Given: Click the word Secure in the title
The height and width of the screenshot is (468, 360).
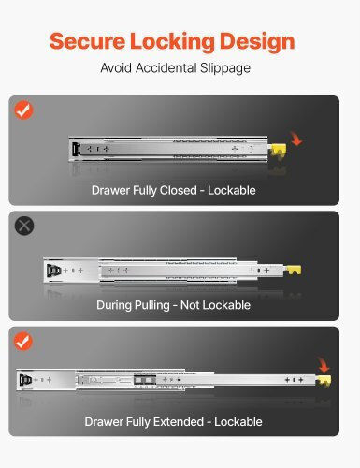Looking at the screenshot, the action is click(87, 41).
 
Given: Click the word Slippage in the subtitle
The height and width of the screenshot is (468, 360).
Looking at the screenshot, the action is click(225, 68).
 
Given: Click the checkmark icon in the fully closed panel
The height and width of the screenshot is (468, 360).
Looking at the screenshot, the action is click(24, 110).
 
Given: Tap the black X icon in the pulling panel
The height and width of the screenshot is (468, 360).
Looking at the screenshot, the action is click(24, 226).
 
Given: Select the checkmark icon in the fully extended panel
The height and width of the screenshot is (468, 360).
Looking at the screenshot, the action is click(23, 342).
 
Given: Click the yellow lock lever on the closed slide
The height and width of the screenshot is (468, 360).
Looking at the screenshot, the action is click(279, 151).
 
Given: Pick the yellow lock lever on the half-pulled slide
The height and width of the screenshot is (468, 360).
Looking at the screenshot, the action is click(294, 270).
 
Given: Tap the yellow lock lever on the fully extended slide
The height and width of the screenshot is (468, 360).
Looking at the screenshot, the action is click(324, 381).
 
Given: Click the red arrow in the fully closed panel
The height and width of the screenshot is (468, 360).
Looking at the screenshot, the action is click(296, 139).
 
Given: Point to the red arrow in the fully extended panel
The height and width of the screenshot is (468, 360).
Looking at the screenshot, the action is click(324, 365).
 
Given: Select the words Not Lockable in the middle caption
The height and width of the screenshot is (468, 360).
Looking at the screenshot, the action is click(215, 305).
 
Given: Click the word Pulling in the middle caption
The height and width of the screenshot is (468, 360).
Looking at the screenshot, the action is click(151, 306).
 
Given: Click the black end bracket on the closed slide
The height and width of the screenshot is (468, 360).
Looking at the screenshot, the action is click(76, 149).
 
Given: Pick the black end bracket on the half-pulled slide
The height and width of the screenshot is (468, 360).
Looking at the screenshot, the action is click(53, 271).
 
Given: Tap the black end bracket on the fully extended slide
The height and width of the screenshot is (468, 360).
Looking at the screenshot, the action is click(25, 380).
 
